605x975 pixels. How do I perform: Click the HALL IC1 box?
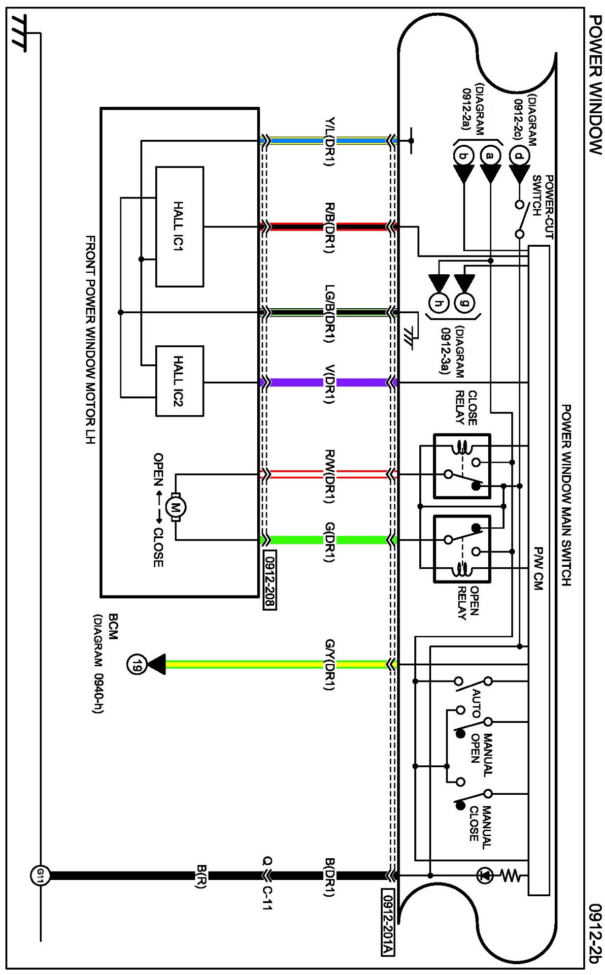point(179,227)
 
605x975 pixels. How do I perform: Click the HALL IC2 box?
point(179,381)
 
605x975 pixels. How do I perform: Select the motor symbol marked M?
point(175,506)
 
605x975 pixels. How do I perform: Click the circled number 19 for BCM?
point(136,664)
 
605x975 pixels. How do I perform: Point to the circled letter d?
point(519,156)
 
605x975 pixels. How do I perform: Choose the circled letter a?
point(490,156)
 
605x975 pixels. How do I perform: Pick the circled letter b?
point(463,156)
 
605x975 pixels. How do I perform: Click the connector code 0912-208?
point(270,580)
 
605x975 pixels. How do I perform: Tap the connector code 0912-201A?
point(388,922)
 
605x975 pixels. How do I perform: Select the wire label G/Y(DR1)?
point(330,664)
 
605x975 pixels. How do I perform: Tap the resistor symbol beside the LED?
point(510,876)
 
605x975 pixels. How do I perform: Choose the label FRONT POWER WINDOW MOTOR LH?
point(90,340)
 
